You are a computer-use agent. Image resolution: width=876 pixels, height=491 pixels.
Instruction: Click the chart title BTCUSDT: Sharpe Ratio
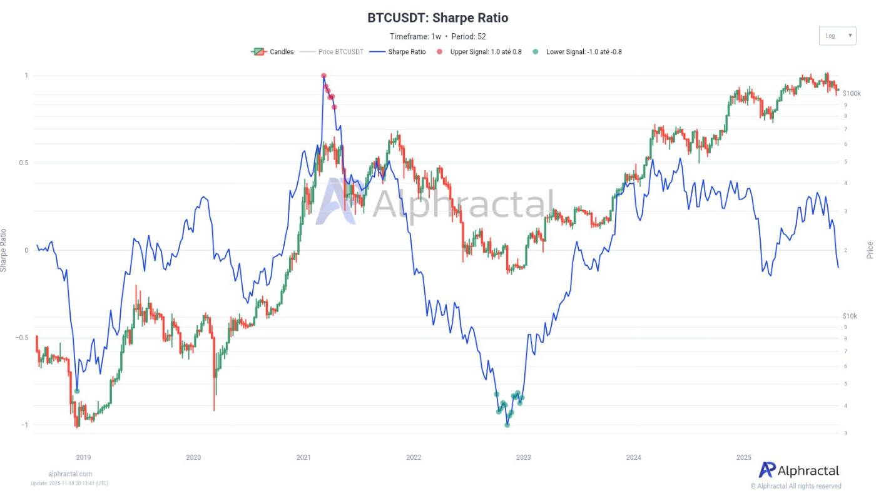click(437, 18)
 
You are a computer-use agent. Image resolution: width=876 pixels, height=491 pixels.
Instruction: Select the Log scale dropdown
click(837, 36)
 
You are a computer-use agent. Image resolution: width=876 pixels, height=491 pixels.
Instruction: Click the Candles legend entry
click(273, 52)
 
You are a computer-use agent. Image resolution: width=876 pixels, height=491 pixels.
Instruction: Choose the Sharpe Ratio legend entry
click(398, 52)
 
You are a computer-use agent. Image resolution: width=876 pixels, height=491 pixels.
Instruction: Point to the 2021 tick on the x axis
click(303, 458)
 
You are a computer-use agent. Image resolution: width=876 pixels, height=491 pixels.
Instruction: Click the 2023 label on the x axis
click(524, 458)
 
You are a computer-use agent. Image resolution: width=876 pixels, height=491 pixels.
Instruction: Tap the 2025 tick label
click(743, 458)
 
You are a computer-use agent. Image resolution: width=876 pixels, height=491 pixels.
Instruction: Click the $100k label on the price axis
click(852, 93)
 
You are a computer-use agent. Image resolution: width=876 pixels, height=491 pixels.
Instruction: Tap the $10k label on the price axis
click(850, 316)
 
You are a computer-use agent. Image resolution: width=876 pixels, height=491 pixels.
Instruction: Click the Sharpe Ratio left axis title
click(4, 250)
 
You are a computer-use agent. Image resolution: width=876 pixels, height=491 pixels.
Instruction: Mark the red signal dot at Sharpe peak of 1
click(323, 76)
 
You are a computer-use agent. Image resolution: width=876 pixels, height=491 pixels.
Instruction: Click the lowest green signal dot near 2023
click(507, 425)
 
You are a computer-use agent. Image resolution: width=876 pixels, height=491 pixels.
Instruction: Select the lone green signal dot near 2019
click(77, 391)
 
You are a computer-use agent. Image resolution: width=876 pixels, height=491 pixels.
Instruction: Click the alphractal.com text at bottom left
click(70, 474)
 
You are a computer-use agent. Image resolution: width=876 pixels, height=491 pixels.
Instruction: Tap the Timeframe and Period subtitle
click(437, 36)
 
